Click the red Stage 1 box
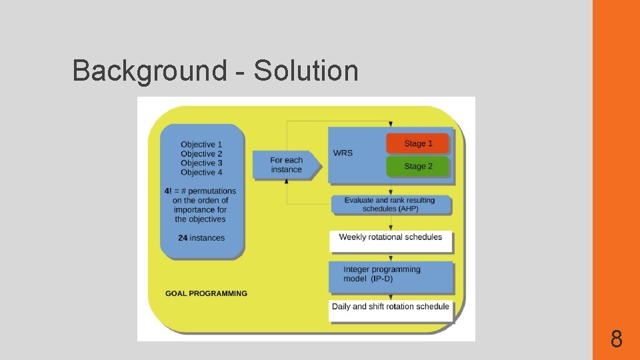418,143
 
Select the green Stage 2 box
418,166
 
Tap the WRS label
343,153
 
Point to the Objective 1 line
201,144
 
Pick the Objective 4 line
201,172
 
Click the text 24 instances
201,238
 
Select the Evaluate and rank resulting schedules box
391,205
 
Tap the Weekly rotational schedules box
391,238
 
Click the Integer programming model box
391,275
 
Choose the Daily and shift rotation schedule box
391,307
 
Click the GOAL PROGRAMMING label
206,293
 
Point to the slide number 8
617,340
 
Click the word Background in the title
149,71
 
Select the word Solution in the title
306,71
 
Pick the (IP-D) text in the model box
382,279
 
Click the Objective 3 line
201,163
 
